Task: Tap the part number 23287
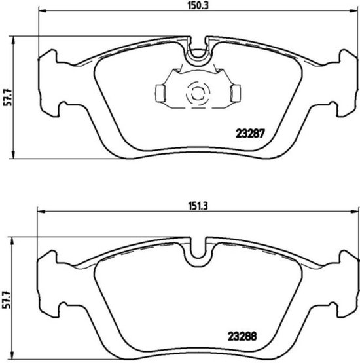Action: [249, 132]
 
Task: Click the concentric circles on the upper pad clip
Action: [196, 94]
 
